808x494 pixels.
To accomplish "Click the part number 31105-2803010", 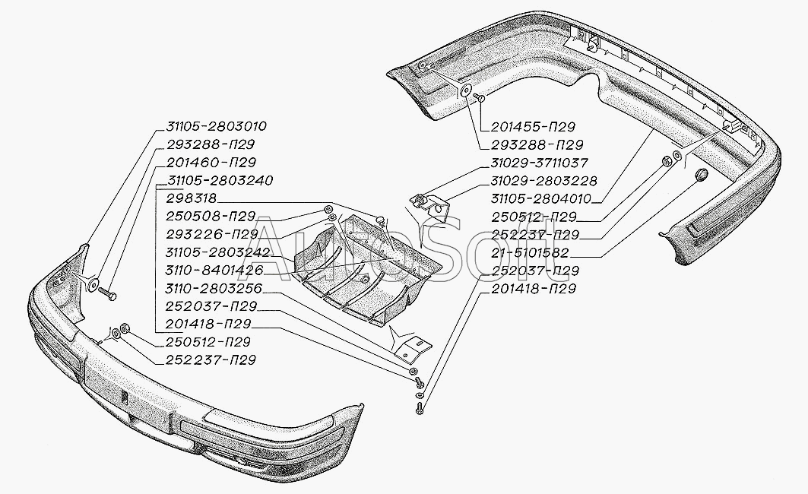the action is click(x=217, y=126).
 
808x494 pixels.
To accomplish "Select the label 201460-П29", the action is click(x=211, y=163).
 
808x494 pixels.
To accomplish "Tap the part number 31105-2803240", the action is click(x=220, y=181).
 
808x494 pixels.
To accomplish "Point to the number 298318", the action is click(x=192, y=198).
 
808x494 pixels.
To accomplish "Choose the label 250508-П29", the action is click(x=211, y=217).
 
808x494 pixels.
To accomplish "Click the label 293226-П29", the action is click(x=211, y=234).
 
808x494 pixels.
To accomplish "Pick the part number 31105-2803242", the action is click(x=218, y=252).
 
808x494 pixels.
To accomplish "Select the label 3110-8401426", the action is click(x=214, y=270).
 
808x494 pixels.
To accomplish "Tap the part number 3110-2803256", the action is click(x=214, y=288).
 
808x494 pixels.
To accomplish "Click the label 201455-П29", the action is click(x=533, y=127).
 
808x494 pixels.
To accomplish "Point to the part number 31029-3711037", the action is click(x=540, y=163).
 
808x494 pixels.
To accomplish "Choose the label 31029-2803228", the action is click(x=543, y=181).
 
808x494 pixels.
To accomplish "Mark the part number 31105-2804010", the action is click(x=540, y=199).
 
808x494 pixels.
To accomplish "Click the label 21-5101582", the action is click(x=530, y=252).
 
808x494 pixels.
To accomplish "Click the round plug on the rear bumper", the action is click(x=704, y=174).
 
